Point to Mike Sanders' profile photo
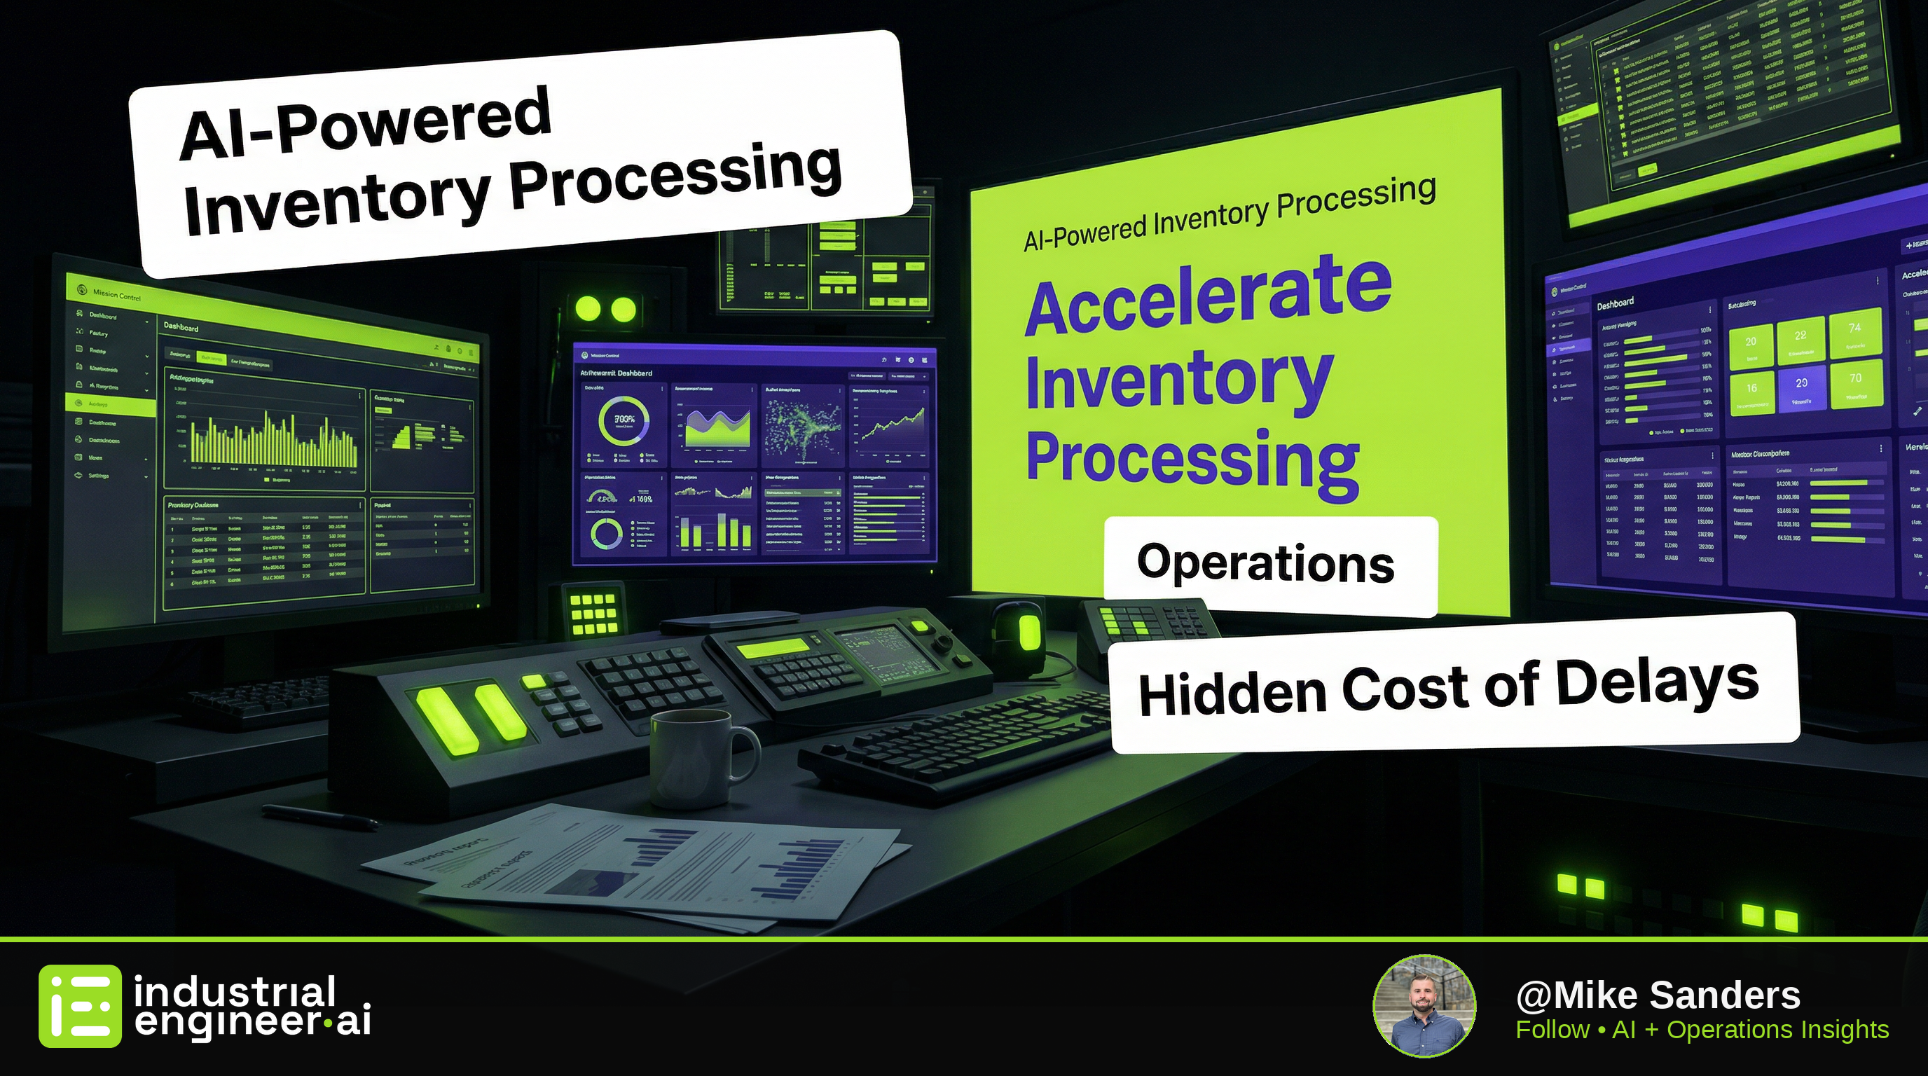click(x=1424, y=1005)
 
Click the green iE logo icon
click(x=80, y=1005)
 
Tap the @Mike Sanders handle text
click(x=1657, y=995)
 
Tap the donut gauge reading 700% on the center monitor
click(x=624, y=421)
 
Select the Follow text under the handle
click(x=1552, y=1030)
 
